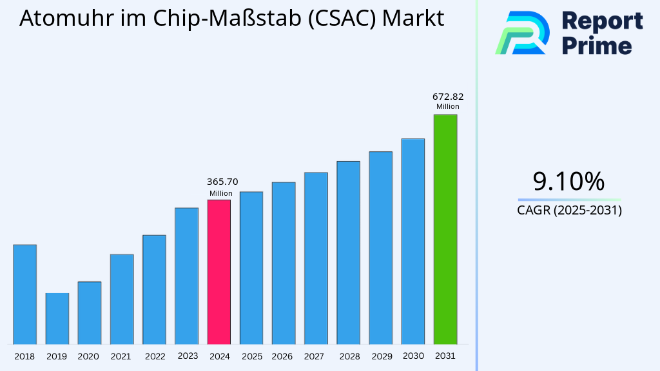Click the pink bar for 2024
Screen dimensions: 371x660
click(218, 271)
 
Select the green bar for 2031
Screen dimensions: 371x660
click(445, 229)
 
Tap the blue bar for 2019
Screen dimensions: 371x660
click(57, 318)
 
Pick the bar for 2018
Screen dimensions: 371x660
click(24, 294)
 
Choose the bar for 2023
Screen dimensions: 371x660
click(186, 275)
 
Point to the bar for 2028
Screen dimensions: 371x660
click(348, 252)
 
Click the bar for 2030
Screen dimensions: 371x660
click(412, 241)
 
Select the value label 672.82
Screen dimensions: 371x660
click(447, 97)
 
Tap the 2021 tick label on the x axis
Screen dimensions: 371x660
click(121, 356)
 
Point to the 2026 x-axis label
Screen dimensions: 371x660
click(282, 356)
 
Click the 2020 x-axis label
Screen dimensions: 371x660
click(88, 356)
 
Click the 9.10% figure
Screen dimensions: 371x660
click(569, 182)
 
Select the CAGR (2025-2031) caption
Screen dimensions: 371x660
click(569, 210)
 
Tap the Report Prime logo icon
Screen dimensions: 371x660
click(522, 33)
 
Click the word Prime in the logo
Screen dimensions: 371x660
click(597, 46)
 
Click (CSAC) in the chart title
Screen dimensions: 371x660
click(342, 19)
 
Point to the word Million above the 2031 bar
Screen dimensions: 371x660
click(447, 107)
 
